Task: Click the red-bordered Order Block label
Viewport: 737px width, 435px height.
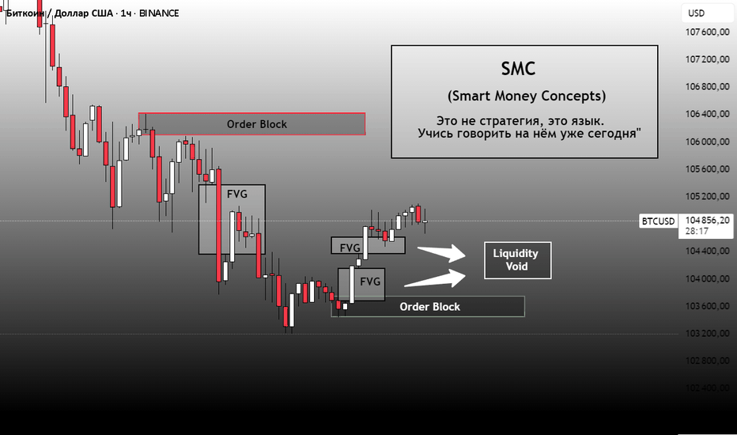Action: click(257, 124)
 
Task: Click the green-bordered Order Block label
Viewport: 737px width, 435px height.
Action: click(429, 307)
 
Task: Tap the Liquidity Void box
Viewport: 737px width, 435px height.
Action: click(517, 260)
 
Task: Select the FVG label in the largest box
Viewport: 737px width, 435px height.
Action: click(237, 194)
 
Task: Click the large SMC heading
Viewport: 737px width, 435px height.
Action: click(518, 69)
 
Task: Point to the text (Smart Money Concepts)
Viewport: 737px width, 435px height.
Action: click(527, 96)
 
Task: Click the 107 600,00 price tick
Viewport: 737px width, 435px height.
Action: click(708, 32)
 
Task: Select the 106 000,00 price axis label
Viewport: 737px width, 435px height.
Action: click(708, 142)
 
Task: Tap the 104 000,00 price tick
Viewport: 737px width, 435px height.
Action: click(708, 278)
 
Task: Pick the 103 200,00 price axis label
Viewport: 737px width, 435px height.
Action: click(708, 334)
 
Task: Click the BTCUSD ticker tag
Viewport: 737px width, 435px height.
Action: click(658, 221)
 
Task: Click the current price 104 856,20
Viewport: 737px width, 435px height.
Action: click(708, 220)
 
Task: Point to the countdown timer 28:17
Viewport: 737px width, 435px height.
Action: click(697, 231)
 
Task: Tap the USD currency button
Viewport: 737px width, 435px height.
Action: click(697, 13)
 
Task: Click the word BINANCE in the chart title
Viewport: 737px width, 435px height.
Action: click(159, 13)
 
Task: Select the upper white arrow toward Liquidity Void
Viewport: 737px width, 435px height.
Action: click(441, 253)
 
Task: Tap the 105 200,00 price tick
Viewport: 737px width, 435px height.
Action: click(708, 196)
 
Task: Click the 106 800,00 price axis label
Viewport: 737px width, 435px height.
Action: click(708, 86)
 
